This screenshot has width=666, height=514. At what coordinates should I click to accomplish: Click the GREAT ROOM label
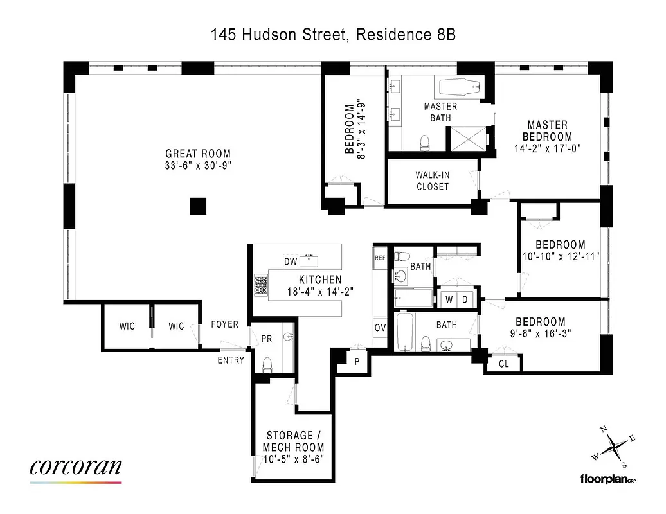click(198, 154)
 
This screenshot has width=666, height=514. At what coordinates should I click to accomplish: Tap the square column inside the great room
click(198, 206)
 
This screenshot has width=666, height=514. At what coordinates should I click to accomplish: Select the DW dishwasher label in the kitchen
click(291, 261)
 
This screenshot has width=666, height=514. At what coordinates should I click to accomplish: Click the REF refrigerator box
click(380, 257)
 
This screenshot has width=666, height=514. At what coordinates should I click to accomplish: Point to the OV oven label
click(380, 327)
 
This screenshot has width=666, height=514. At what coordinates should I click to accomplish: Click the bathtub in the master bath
click(459, 87)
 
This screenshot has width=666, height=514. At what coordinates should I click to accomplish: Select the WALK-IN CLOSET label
click(432, 181)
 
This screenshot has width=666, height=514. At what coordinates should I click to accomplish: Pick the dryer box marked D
click(466, 299)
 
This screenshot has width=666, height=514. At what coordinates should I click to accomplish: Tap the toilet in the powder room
click(268, 364)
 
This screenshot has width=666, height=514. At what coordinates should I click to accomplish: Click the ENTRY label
click(231, 360)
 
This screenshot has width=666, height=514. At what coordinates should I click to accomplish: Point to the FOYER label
click(224, 325)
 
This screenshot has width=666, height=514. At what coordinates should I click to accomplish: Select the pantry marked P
click(357, 362)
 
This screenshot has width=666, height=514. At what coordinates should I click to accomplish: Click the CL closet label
click(505, 364)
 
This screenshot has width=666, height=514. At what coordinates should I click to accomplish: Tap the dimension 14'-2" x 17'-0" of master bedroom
click(547, 148)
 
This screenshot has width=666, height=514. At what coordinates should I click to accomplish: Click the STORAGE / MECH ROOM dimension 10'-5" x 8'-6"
click(293, 459)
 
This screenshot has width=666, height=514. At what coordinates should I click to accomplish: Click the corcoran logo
click(75, 467)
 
